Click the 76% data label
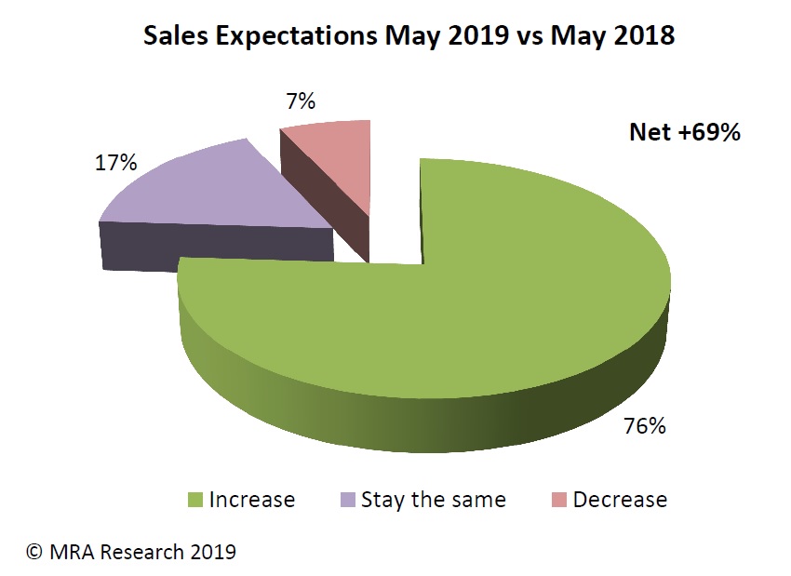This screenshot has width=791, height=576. [x=644, y=427]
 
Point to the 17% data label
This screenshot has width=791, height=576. [x=116, y=163]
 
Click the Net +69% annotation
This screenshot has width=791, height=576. [x=684, y=133]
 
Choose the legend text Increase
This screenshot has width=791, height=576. [x=252, y=500]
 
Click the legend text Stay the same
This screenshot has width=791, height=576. [x=433, y=500]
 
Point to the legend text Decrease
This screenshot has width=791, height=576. [x=620, y=500]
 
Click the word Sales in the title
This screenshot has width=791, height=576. [x=173, y=38]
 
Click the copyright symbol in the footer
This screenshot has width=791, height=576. [x=34, y=552]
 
